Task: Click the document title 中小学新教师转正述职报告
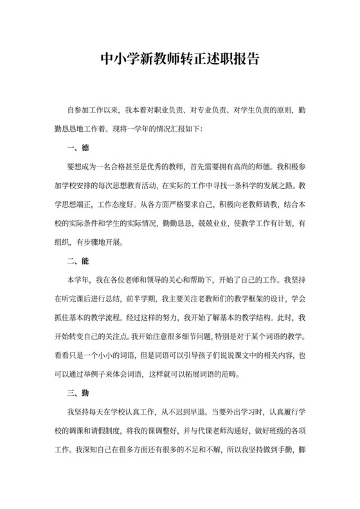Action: pos(180,59)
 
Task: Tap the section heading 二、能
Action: pos(78,262)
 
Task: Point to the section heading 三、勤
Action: pos(78,393)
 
